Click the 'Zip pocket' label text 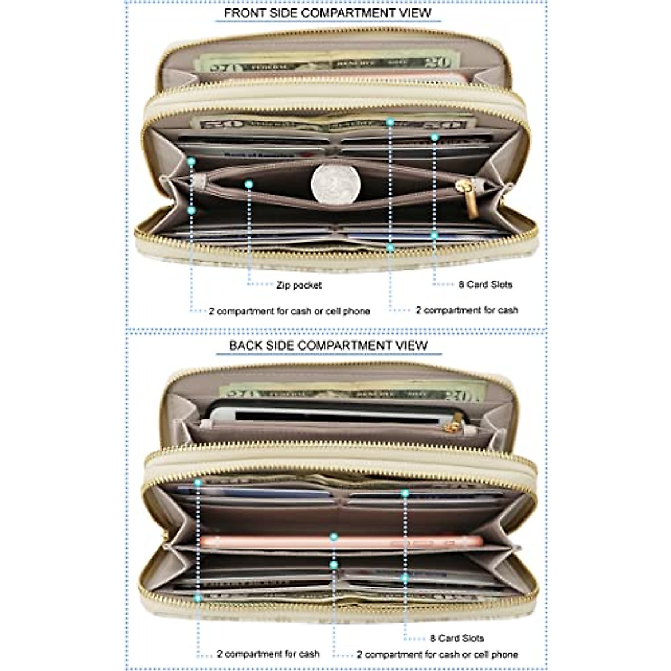point(299,285)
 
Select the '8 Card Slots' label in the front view point(485,285)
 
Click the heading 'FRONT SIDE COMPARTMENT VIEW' point(328,13)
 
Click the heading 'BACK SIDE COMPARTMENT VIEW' point(328,346)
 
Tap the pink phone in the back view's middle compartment point(341,542)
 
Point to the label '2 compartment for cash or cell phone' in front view point(289,311)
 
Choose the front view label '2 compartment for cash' point(467,310)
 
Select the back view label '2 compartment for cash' point(268,654)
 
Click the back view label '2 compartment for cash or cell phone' point(437,654)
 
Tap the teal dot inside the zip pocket point(249,183)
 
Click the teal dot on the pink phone point(334,537)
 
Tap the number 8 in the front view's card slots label point(461,285)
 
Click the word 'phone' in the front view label point(356,311)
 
